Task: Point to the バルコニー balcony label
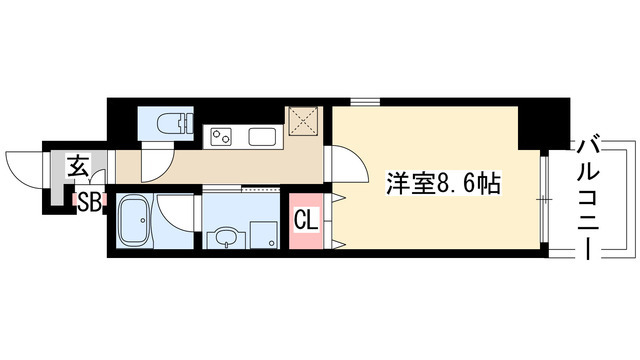(590, 197)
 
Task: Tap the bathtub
(133, 221)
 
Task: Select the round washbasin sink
(225, 238)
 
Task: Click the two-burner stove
(221, 135)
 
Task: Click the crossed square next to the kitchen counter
(304, 123)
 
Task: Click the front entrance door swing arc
(24, 165)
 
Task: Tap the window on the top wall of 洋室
(364, 101)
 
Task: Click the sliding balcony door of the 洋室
(544, 200)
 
